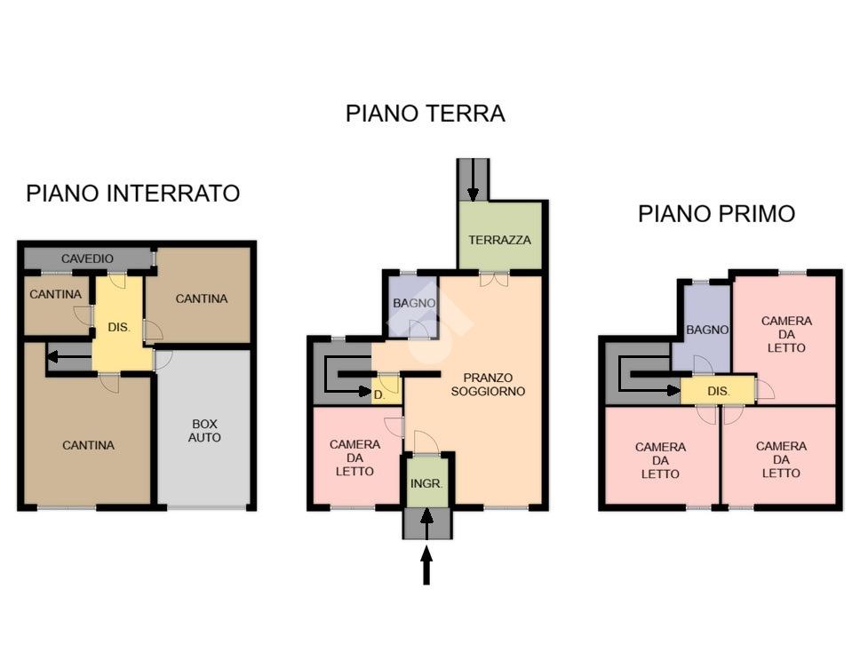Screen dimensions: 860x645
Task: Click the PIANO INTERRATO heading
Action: click(x=132, y=194)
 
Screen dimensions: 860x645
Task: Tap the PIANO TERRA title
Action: click(x=425, y=114)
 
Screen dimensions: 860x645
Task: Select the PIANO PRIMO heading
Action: click(x=716, y=213)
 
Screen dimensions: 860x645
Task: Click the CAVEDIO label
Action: click(x=87, y=259)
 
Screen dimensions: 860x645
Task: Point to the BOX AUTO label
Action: click(x=204, y=431)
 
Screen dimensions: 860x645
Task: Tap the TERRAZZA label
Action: click(x=499, y=240)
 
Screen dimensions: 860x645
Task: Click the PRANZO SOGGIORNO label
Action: click(x=488, y=385)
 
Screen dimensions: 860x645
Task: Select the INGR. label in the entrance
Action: click(x=426, y=483)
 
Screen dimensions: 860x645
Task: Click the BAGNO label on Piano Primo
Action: click(x=707, y=330)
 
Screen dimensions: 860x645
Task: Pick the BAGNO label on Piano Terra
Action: click(x=414, y=303)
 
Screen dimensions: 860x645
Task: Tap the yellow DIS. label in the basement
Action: click(x=118, y=328)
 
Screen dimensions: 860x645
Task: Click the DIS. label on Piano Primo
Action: click(x=719, y=391)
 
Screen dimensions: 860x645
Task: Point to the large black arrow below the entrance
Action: click(x=426, y=567)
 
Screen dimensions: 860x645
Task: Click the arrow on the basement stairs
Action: click(x=69, y=357)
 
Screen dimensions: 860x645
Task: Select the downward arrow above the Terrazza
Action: click(x=473, y=179)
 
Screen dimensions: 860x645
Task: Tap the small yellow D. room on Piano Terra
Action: click(x=387, y=389)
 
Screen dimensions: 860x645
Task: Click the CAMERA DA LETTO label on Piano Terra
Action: click(x=354, y=458)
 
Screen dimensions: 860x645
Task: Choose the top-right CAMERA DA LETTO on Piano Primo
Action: click(x=786, y=334)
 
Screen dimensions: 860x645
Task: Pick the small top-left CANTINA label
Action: click(x=55, y=295)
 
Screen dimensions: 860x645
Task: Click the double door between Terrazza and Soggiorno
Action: click(x=494, y=279)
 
